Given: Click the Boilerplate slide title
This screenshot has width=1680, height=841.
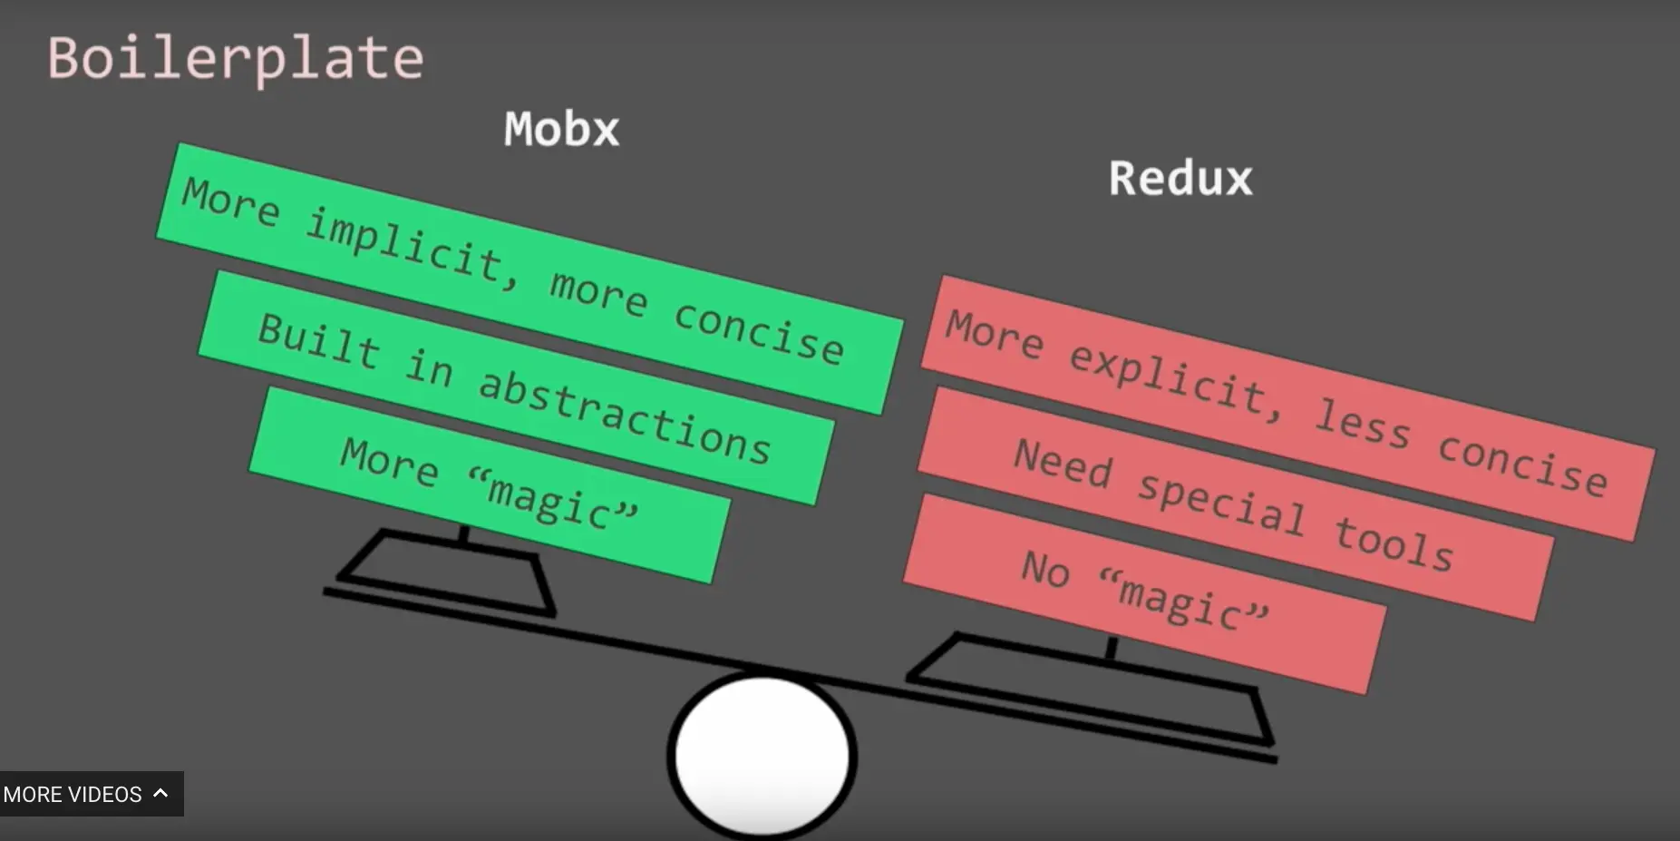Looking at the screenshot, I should point(236,59).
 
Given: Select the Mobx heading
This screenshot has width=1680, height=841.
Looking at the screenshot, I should point(561,129).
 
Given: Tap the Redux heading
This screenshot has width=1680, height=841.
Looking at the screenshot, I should point(1180,178).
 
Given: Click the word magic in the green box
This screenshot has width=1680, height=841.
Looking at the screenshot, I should point(551,498).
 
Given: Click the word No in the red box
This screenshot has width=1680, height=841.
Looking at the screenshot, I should point(1045,569).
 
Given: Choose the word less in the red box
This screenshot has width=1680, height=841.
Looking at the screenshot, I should point(1363,423).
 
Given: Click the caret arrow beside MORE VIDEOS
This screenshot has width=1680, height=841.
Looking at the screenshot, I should point(161,793).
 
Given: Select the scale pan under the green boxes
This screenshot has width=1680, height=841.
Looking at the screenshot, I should point(444,572).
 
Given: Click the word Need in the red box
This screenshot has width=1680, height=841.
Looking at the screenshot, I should point(1063,463).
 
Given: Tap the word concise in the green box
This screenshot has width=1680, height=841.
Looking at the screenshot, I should point(759,332).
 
